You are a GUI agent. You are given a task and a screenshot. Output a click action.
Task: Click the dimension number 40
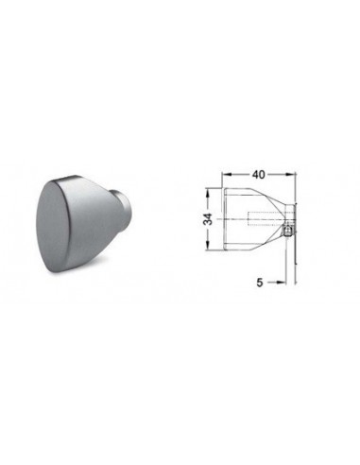[x=258, y=175]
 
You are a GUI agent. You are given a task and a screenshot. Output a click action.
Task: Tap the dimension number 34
[x=208, y=219]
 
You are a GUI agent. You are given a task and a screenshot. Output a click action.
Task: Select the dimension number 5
[x=259, y=283]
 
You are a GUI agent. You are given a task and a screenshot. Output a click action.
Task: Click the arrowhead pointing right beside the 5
[x=281, y=283]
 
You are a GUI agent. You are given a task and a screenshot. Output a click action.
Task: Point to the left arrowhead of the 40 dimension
[x=227, y=174]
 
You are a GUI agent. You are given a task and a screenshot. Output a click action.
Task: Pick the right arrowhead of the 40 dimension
[x=290, y=174]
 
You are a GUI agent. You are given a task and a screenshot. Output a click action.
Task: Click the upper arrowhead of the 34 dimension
[x=208, y=193]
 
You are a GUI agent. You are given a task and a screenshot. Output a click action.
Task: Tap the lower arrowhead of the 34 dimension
[x=208, y=246]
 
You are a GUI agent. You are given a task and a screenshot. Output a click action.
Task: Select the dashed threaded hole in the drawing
[x=267, y=219]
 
